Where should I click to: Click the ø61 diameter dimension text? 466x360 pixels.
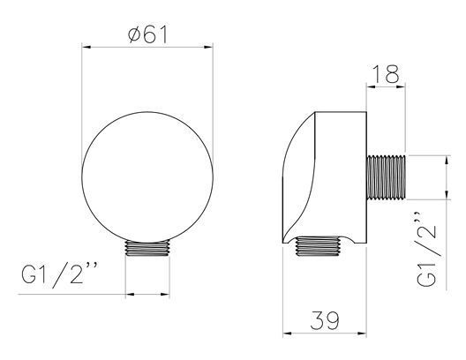(x=147, y=34)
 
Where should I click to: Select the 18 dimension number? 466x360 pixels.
(x=385, y=74)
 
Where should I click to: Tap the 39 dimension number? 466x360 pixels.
(x=325, y=320)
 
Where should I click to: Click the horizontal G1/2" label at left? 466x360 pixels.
(x=59, y=275)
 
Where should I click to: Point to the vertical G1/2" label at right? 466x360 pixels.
(x=427, y=249)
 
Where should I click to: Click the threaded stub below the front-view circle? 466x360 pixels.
(x=147, y=248)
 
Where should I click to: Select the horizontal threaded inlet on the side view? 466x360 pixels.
(x=386, y=177)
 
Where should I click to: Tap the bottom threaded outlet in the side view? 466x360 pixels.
(x=318, y=246)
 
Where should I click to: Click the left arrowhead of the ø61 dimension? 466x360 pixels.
(x=86, y=47)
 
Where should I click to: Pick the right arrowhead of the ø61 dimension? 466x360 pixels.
(x=208, y=47)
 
